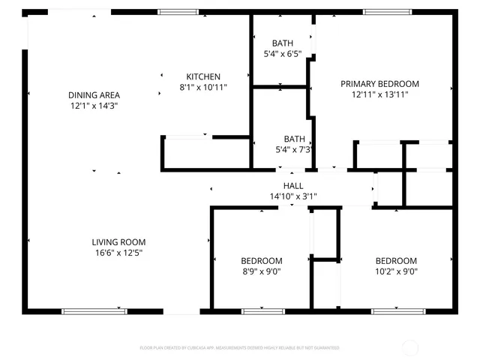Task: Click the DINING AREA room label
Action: pos(94,95)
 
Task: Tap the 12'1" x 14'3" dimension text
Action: pos(94,106)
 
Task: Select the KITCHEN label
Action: pos(203,76)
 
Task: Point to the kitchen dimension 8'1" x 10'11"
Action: pos(203,88)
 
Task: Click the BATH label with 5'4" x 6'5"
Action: pos(282,43)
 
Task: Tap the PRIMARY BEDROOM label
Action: pos(379,84)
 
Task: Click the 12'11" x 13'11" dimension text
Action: pos(379,95)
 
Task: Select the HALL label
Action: pos(293,185)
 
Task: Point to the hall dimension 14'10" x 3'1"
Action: pos(293,196)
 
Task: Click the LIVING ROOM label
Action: pos(118,242)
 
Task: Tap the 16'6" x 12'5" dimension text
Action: pos(118,253)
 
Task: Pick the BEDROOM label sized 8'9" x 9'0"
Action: pos(261,261)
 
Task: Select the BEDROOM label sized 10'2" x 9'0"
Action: pos(396,261)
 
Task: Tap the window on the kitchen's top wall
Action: pos(178,12)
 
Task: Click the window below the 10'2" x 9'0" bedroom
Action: pos(394,310)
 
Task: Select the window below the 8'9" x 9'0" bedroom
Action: pos(262,310)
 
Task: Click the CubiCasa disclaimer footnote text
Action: pos(239,348)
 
